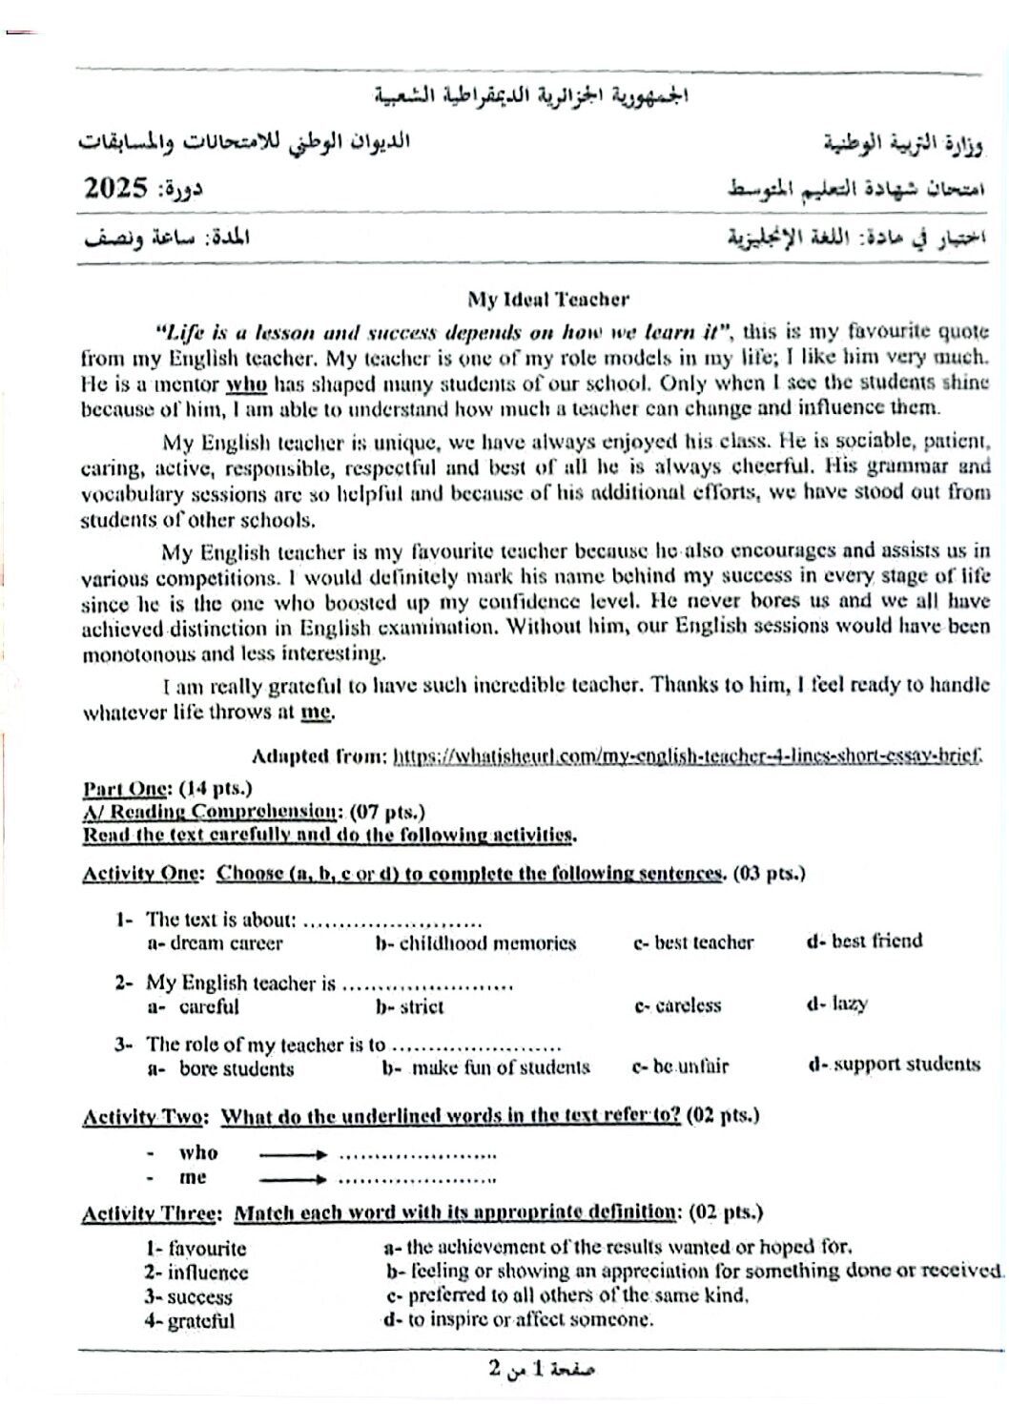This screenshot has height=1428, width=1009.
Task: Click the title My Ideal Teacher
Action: pos(547,300)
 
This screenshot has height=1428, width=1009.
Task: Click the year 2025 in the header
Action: pos(114,188)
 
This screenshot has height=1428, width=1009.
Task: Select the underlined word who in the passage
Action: pos(246,383)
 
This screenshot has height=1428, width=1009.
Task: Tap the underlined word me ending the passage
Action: pos(317,712)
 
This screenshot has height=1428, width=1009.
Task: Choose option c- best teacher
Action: pos(693,942)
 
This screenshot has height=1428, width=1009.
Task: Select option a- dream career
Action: pos(215,943)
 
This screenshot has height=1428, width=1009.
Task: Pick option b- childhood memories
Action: pos(476,943)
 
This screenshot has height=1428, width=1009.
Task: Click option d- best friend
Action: pos(864,941)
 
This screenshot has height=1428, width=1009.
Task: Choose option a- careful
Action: pos(194,1006)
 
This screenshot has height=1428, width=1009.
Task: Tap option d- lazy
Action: pos(836,1004)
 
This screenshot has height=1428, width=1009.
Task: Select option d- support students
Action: pos(894,1065)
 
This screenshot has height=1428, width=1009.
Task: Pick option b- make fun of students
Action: pos(486,1067)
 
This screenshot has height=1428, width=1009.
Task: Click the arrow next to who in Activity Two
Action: pos(293,1153)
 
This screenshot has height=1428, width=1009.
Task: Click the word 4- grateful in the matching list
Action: pos(189,1321)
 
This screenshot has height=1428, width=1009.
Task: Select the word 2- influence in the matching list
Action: pos(196,1273)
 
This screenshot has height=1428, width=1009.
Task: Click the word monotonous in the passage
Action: pos(140,654)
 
